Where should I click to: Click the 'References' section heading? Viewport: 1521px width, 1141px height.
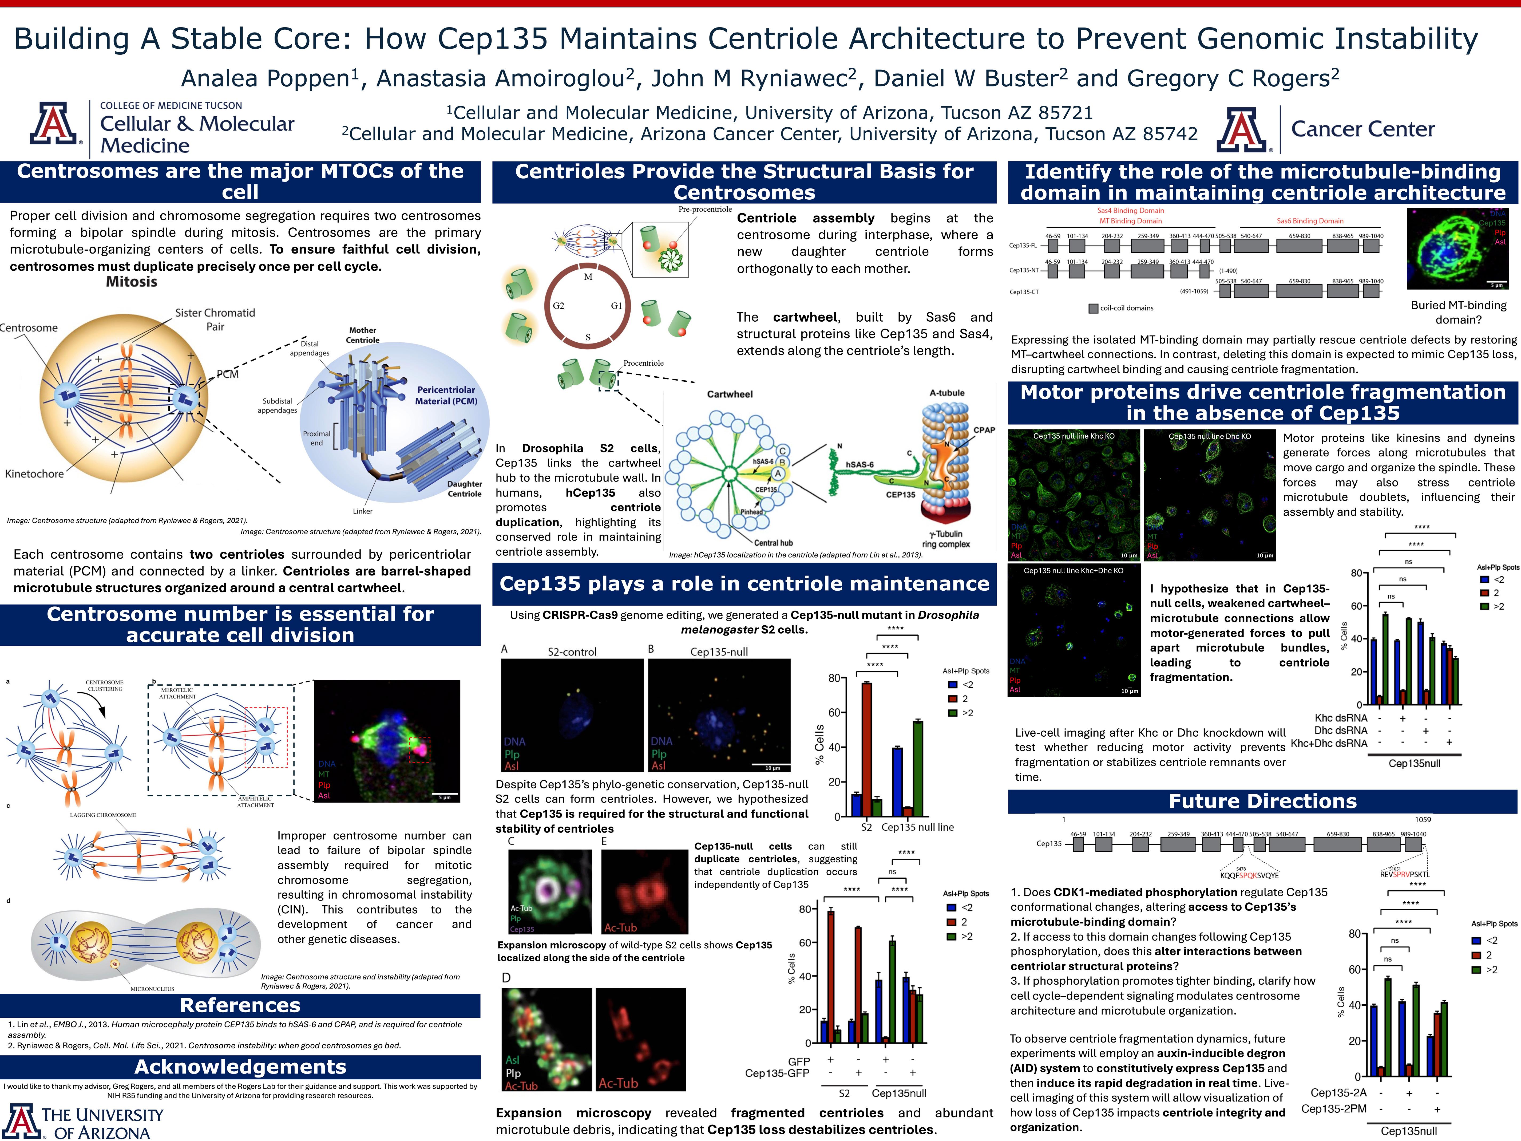pos(240,1005)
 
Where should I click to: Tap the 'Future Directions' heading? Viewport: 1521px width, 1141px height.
pos(1262,801)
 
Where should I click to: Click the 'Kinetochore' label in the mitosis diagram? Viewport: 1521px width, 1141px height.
pos(34,474)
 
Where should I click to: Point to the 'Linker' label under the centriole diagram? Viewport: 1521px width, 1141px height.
pos(362,511)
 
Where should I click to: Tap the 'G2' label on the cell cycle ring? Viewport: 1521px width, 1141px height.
pos(558,305)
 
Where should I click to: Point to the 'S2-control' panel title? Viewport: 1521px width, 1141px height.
pos(572,651)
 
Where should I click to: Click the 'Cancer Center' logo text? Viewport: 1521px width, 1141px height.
pos(1363,129)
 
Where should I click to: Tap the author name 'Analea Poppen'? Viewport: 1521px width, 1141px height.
pos(266,78)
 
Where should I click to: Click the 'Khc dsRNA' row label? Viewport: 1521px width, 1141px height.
pos(1341,718)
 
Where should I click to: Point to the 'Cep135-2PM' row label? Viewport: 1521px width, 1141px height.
pos(1334,1109)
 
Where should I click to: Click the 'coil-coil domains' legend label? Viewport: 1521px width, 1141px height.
pos(1126,308)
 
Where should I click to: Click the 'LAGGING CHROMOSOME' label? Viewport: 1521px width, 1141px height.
pos(103,815)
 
